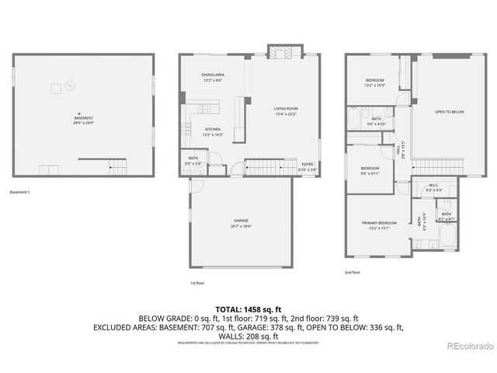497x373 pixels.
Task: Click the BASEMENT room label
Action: [78, 118]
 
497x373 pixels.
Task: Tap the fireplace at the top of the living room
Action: [280, 52]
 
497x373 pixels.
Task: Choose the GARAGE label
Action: [241, 221]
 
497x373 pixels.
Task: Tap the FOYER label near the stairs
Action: [308, 165]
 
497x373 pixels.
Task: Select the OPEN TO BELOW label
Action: [450, 112]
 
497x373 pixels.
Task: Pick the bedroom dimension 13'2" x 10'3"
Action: [376, 85]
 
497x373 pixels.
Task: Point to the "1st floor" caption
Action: [199, 283]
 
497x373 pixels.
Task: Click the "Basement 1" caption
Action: [20, 192]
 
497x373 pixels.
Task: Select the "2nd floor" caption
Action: [353, 273]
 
